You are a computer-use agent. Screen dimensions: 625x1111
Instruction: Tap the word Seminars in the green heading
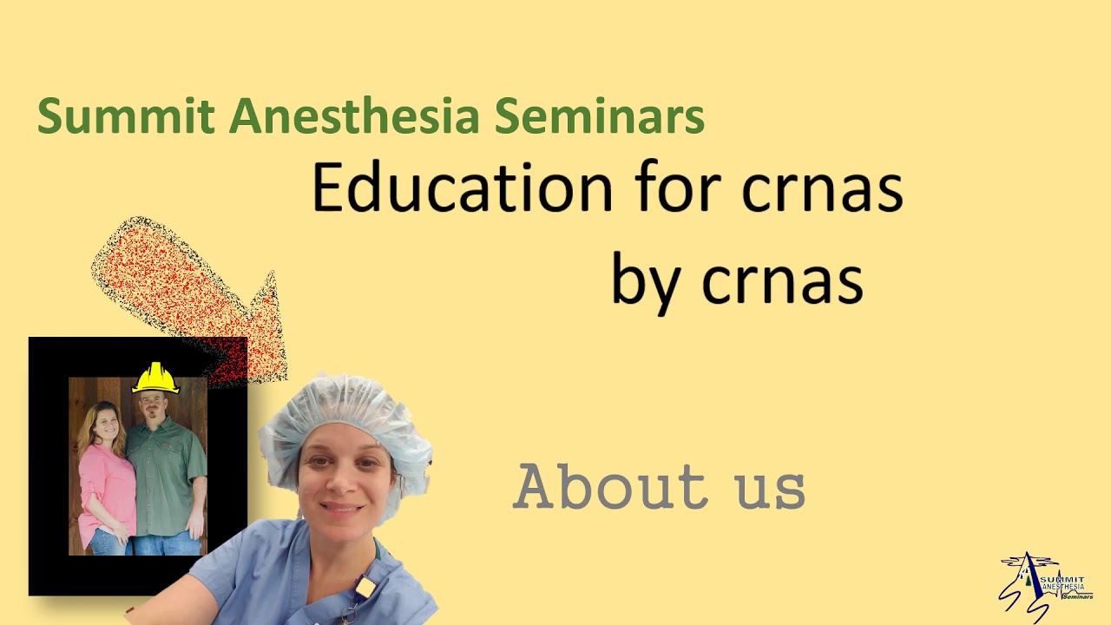click(599, 117)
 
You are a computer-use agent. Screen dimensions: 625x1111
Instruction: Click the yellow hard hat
click(155, 378)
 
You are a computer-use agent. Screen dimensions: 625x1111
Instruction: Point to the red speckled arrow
click(191, 295)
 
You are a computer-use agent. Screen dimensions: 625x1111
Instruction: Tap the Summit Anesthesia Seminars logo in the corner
click(1046, 586)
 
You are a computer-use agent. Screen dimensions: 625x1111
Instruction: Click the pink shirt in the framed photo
click(106, 486)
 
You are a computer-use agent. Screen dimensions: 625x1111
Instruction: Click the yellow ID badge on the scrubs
click(365, 588)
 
